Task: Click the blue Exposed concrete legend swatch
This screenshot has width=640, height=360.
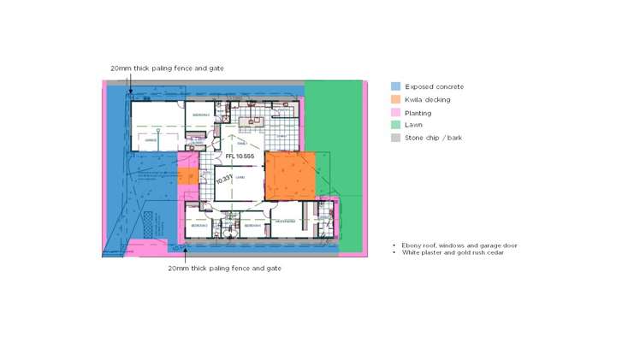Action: click(x=396, y=86)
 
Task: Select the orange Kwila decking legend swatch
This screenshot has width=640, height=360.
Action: click(x=396, y=99)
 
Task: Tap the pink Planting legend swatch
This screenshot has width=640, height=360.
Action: click(x=396, y=112)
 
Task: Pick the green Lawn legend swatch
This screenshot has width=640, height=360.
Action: click(x=396, y=125)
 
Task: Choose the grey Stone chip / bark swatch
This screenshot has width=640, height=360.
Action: click(x=396, y=138)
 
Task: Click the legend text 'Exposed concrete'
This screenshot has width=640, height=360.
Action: click(x=434, y=86)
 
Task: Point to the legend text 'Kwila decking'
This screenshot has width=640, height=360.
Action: click(x=428, y=99)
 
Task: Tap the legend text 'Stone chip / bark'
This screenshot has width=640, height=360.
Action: click(x=434, y=138)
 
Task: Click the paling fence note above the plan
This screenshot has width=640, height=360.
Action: click(x=167, y=68)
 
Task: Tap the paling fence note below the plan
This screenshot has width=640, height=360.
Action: click(x=224, y=268)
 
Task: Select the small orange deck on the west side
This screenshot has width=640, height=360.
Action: click(x=187, y=176)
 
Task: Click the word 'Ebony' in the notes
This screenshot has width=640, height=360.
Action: click(x=412, y=245)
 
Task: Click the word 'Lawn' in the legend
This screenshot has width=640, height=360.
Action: click(x=413, y=125)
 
